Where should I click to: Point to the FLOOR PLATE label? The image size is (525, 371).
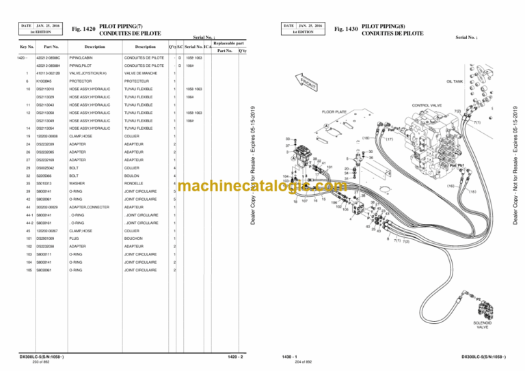pyautogui.click(x=336, y=111)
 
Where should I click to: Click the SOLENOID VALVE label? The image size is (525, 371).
pyautogui.click(x=482, y=325)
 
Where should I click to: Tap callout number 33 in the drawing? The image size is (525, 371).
pyautogui.click(x=288, y=138)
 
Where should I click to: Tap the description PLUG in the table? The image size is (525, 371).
pyautogui.click(x=76, y=238)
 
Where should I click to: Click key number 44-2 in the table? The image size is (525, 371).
pyautogui.click(x=25, y=223)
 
